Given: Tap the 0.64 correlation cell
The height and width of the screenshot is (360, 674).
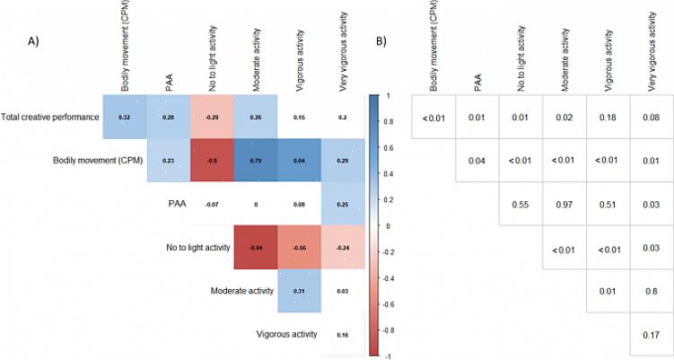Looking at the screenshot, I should point(298,161).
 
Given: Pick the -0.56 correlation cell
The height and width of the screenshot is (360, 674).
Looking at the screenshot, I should point(298,247).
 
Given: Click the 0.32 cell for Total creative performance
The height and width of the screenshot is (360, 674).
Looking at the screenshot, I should point(125,118).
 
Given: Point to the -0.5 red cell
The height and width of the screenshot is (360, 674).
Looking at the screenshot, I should point(211,161).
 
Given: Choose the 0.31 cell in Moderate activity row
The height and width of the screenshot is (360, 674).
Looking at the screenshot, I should point(298,291).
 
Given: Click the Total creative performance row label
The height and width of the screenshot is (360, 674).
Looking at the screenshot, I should point(49,118).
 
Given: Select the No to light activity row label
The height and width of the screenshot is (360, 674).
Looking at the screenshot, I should point(195,247).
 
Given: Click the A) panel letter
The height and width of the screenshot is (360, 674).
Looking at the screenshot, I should point(34,42).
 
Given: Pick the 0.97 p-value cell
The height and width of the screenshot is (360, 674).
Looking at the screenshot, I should point(565,205).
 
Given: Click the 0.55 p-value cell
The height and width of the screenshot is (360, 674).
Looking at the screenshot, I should point(521,205).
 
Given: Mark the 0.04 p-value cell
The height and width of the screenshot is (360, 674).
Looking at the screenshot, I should point(477,161).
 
